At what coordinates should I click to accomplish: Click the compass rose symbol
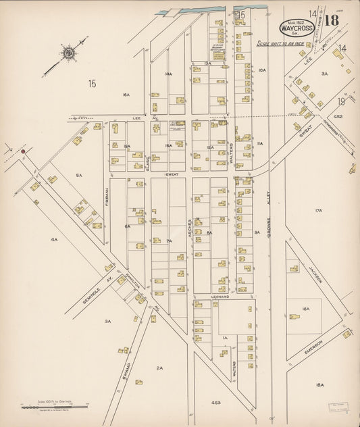[70, 53]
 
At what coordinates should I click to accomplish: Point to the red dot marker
[23, 152]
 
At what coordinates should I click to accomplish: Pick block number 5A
[79, 176]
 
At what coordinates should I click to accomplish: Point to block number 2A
[160, 368]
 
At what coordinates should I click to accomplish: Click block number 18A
[319, 384]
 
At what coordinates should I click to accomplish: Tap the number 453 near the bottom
[215, 402]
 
